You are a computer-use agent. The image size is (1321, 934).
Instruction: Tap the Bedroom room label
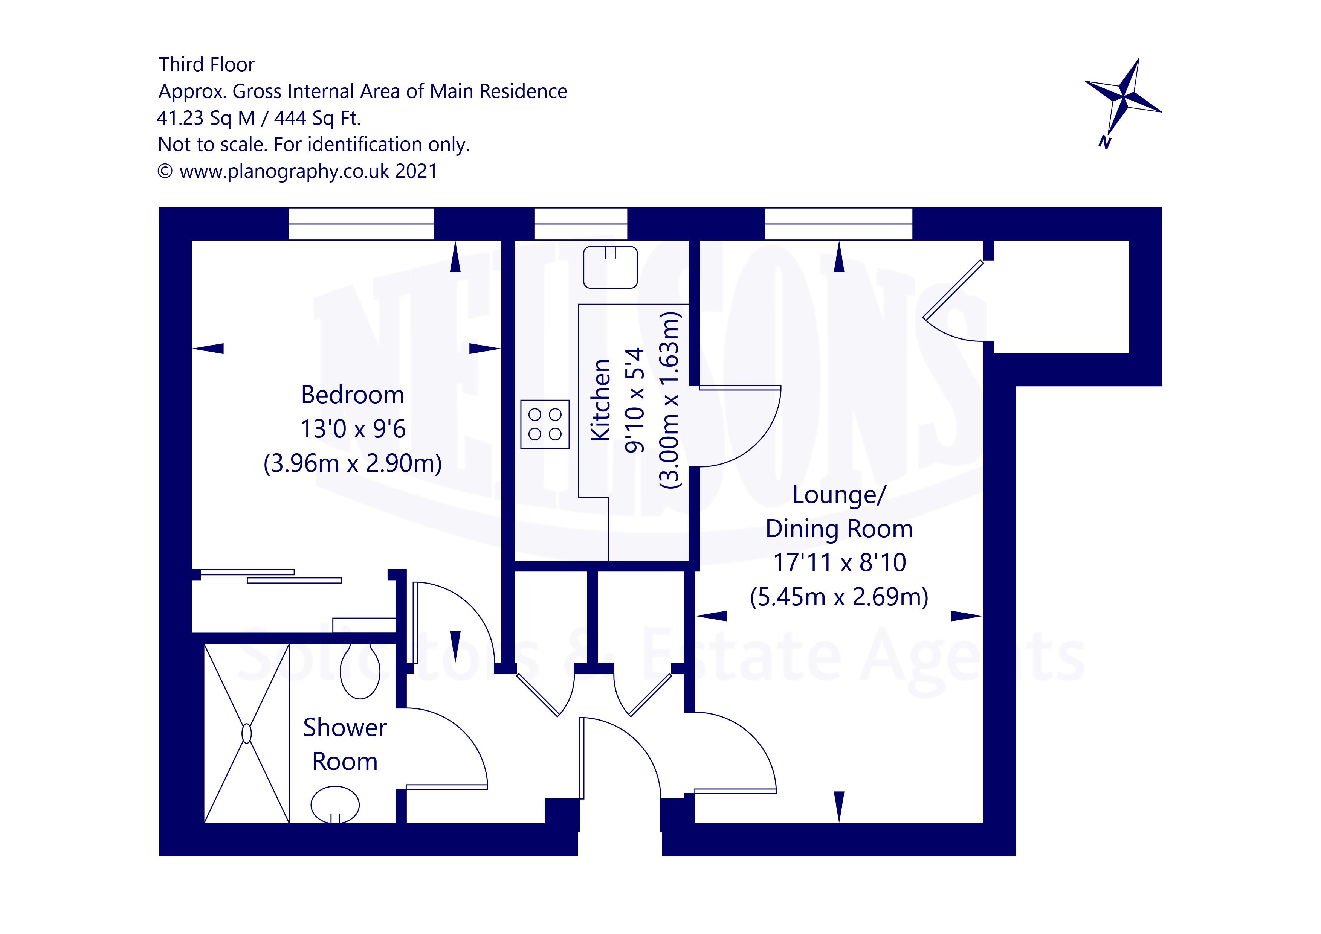coord(352,395)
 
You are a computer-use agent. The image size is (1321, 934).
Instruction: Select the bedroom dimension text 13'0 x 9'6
coord(353,429)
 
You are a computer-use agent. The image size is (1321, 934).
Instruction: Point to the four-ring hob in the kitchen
coord(545,424)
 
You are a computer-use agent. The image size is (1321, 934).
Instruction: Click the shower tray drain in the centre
coord(247,733)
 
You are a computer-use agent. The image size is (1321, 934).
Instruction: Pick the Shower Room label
coord(345,744)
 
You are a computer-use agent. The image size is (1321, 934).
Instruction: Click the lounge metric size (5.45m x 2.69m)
coord(839,597)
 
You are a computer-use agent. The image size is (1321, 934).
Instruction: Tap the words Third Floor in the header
coord(206,64)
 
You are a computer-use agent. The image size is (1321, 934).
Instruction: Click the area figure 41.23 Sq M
coord(205,118)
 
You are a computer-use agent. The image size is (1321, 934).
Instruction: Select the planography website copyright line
coord(298,171)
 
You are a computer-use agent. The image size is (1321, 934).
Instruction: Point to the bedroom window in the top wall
coord(361,224)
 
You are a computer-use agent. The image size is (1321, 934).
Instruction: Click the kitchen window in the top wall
coord(580,224)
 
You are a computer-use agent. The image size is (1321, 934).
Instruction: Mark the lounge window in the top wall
coord(838,224)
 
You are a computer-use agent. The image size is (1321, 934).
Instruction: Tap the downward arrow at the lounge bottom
coord(839,806)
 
